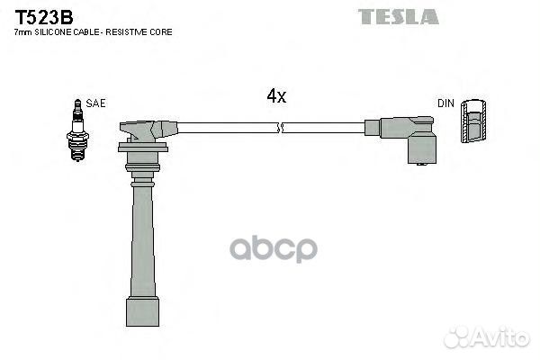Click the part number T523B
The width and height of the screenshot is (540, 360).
pos(44,17)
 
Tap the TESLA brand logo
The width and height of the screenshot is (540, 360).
pos(399,16)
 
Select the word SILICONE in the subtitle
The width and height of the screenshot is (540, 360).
pos(52,32)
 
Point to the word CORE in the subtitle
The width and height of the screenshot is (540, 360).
pos(160,32)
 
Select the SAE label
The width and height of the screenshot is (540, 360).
pos(95,103)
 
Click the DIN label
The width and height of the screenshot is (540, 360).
pos(445,103)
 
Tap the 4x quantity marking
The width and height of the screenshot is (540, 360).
pos(276,95)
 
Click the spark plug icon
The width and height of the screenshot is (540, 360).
pos(77,130)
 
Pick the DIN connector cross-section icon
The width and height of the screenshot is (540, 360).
pos(473,121)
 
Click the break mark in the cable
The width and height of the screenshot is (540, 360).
pos(280,128)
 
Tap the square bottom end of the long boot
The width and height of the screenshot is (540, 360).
pos(142,311)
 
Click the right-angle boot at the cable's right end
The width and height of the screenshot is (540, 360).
pos(409,137)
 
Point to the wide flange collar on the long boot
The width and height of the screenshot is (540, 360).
pos(143,147)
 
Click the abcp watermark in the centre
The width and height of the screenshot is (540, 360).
pos(274,248)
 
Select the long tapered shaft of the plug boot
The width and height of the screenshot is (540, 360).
pos(142,241)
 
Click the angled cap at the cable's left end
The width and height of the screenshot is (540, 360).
pos(148,130)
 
